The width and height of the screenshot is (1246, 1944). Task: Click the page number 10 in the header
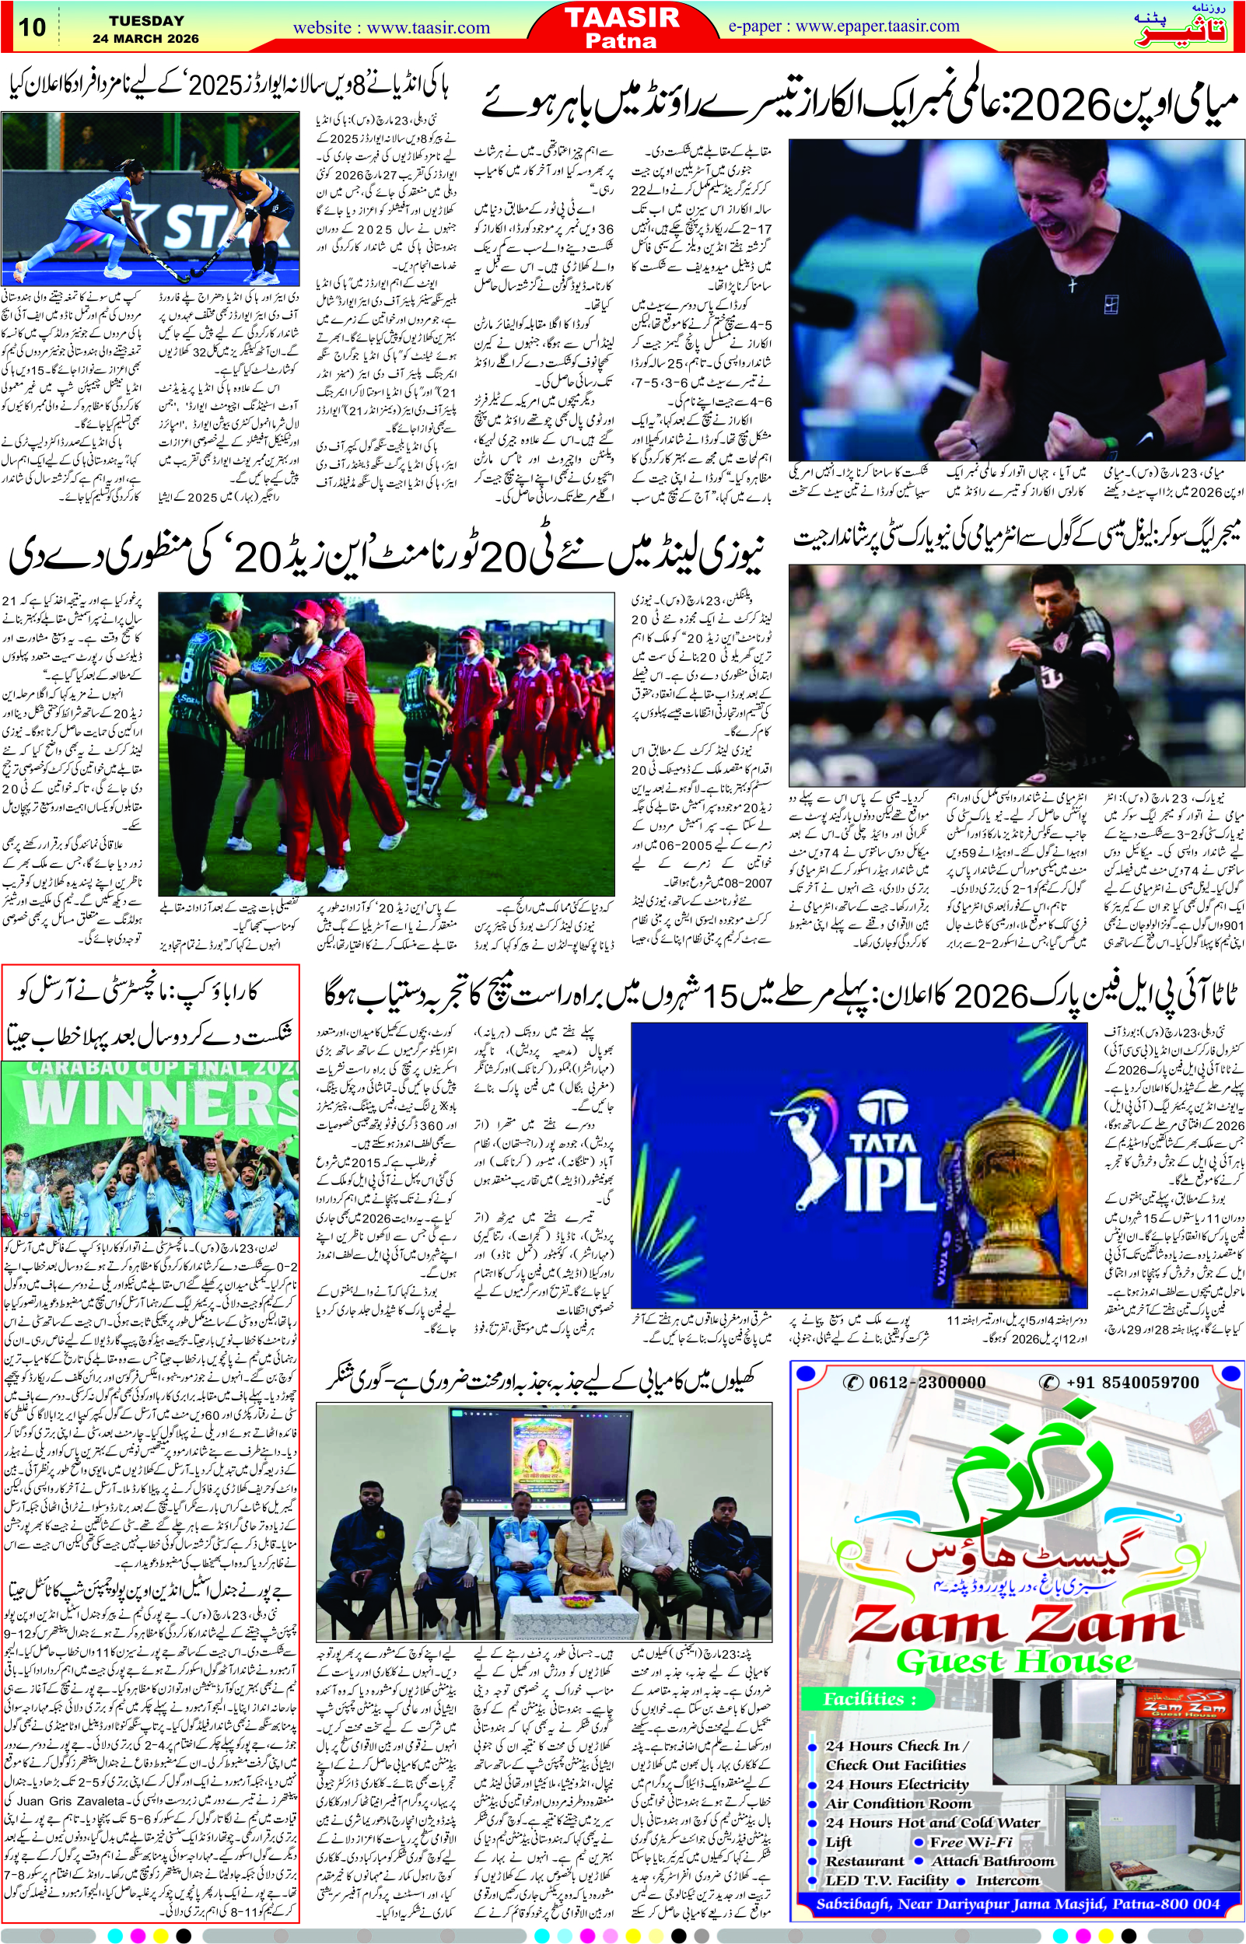(32, 26)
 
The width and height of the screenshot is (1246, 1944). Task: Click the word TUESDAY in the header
(146, 20)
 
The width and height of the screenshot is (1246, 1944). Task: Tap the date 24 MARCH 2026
(145, 39)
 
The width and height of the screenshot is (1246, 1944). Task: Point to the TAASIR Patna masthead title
(622, 27)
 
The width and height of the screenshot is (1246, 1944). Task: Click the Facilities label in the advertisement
(869, 1699)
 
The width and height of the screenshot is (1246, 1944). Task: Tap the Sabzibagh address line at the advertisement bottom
(1017, 1904)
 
